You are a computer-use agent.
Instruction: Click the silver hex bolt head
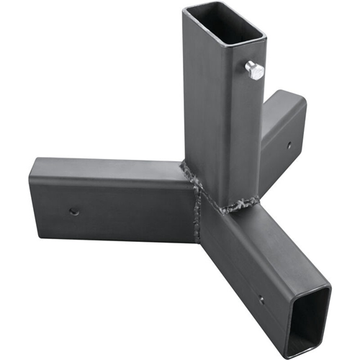254,70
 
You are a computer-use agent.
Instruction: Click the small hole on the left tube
73,212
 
